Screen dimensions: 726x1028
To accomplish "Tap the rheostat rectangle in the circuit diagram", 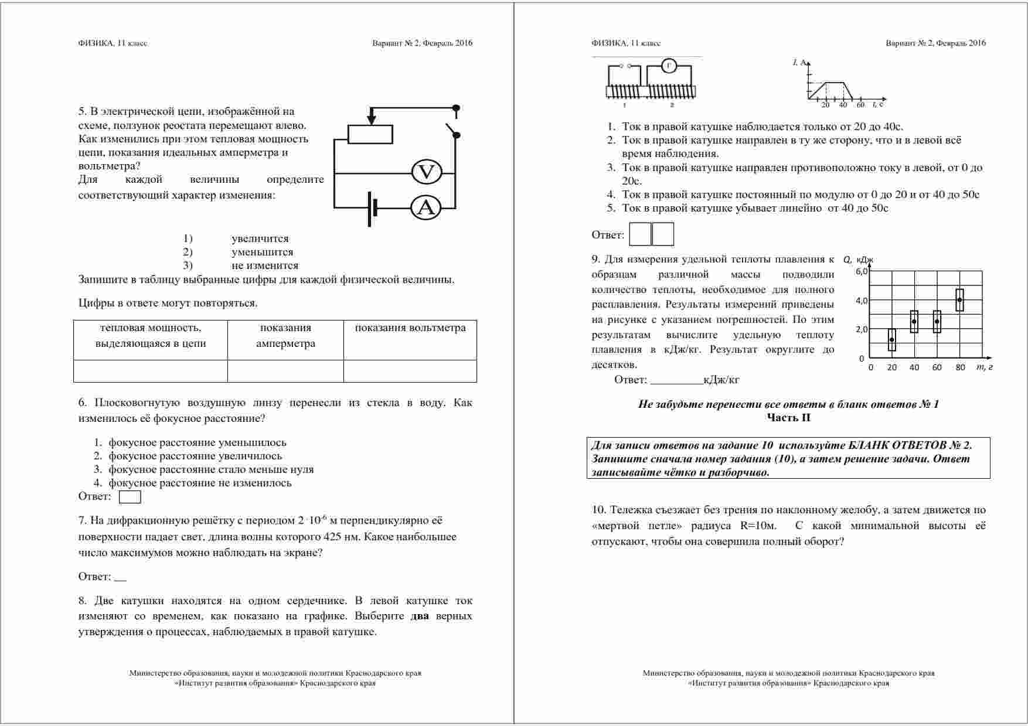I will pyautogui.click(x=370, y=134).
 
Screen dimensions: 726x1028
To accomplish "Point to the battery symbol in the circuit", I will pyautogui.click(x=372, y=208).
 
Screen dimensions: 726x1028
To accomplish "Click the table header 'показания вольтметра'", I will pyautogui.click(x=410, y=328).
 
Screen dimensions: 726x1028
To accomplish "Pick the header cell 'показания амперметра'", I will pyautogui.click(x=285, y=336).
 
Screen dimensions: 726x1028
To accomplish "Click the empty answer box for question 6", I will pyautogui.click(x=130, y=497).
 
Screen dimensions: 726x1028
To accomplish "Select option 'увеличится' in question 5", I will pyautogui.click(x=260, y=238).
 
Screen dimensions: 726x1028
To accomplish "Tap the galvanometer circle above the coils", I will pyautogui.click(x=669, y=66).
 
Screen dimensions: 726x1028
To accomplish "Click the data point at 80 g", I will pyautogui.click(x=959, y=300).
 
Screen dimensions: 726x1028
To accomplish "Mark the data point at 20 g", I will pyautogui.click(x=892, y=339).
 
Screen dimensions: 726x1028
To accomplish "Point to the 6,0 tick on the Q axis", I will pyautogui.click(x=862, y=271).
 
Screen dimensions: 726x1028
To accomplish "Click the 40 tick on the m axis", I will pyautogui.click(x=914, y=367).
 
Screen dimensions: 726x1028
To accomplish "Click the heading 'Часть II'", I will pyautogui.click(x=788, y=417).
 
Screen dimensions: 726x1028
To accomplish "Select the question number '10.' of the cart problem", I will pyautogui.click(x=598, y=510).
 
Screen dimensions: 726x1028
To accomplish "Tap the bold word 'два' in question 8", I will pyautogui.click(x=420, y=616).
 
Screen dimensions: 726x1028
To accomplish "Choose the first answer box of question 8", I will pyautogui.click(x=640, y=234).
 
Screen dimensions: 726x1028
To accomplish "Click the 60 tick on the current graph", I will pyautogui.click(x=860, y=105).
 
